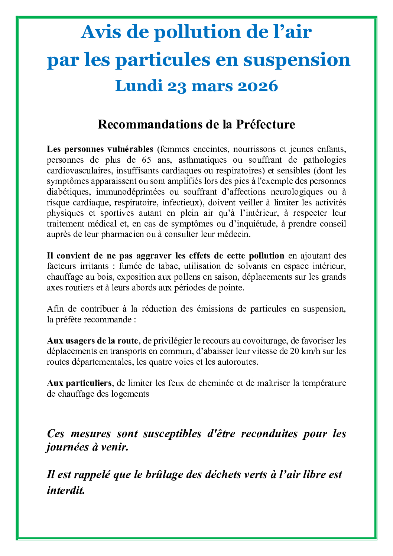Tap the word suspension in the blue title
pyautogui.click(x=297, y=60)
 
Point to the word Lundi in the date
pyautogui.click(x=139, y=86)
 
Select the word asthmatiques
pyautogui.click(x=202, y=160)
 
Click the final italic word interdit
pyautogui.click(x=66, y=490)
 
